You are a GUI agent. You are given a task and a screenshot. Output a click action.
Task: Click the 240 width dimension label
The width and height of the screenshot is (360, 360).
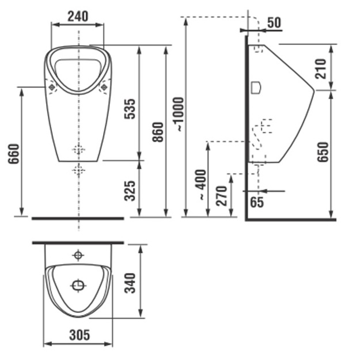[78, 16]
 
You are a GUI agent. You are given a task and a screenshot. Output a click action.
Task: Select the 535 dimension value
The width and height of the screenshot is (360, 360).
[130, 109]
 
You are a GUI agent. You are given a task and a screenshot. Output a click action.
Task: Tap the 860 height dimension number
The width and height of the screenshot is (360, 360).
[158, 132]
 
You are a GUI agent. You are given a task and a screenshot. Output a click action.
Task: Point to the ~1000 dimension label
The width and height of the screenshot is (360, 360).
[180, 114]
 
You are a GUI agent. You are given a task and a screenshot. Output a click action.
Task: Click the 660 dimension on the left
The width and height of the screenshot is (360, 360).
[14, 154]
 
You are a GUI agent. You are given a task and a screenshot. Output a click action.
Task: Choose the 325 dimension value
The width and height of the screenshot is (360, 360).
[130, 191]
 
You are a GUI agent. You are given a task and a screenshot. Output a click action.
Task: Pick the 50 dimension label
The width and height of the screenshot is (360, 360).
[274, 22]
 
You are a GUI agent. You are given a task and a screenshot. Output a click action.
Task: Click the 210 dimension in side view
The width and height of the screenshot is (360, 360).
[320, 69]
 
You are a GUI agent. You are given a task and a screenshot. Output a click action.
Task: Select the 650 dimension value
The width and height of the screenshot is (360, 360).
[323, 152]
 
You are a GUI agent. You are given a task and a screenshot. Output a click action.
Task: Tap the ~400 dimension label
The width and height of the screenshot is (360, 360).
[201, 184]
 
